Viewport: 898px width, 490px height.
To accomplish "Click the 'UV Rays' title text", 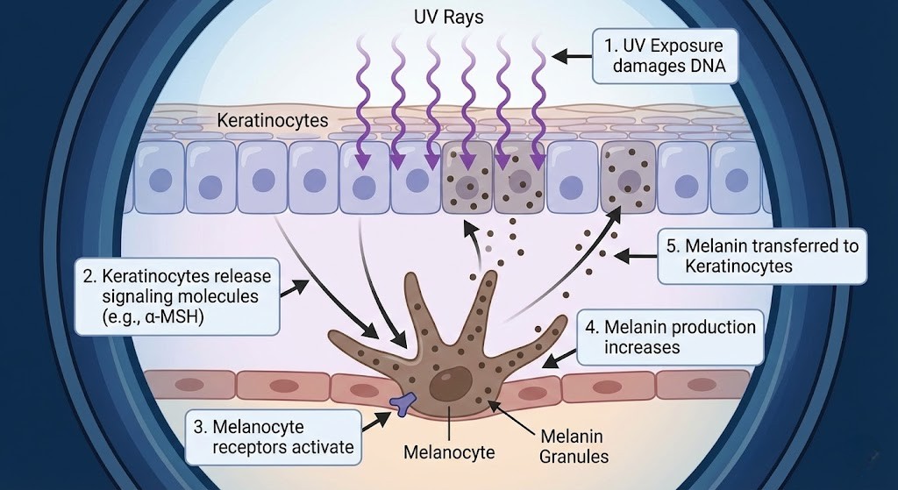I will [x=448, y=17].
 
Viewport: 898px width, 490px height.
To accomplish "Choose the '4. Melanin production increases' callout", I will [x=671, y=337].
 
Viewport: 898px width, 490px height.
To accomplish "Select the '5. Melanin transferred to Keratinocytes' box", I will [x=761, y=256].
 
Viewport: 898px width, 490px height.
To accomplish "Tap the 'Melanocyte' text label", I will [x=449, y=453].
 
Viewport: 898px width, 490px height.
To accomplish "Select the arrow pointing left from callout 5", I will [x=635, y=256].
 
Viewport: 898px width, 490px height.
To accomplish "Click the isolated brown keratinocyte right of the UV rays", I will [x=628, y=176].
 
